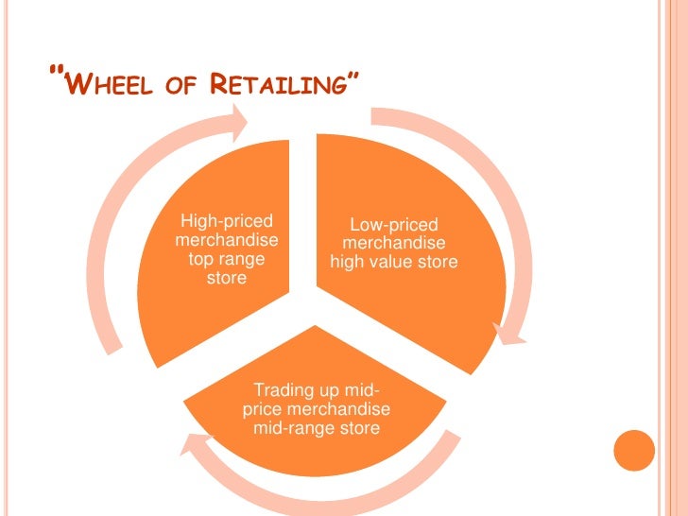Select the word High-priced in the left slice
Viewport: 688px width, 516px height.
pyautogui.click(x=226, y=221)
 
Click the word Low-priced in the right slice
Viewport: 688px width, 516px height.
pyautogui.click(x=394, y=225)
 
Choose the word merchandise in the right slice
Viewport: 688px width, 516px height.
pyautogui.click(x=394, y=243)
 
